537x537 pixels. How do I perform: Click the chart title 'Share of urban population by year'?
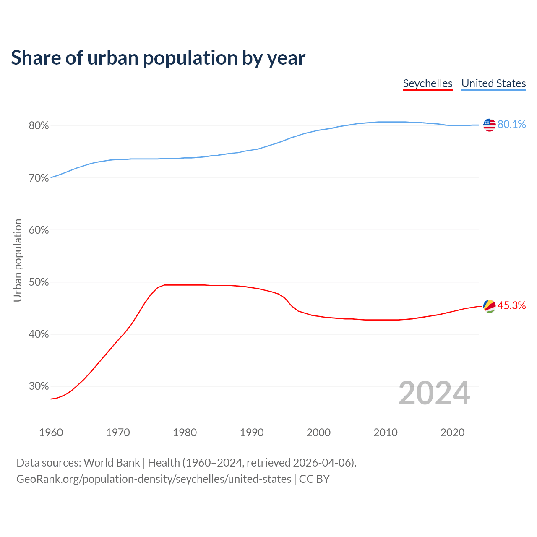[x=158, y=57]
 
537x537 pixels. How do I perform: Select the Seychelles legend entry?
[x=428, y=83]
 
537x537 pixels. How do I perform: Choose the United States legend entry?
[x=493, y=83]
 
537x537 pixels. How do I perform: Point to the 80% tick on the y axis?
[x=39, y=126]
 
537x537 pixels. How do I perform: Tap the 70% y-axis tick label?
[x=39, y=178]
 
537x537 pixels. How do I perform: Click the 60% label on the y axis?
[x=39, y=230]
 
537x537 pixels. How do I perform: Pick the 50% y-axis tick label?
[x=39, y=282]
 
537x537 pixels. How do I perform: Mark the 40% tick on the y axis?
[x=39, y=334]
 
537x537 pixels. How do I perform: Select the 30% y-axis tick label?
[x=39, y=386]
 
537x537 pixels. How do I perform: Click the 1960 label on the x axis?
[x=51, y=433]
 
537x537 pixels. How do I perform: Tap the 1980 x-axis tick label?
[x=185, y=433]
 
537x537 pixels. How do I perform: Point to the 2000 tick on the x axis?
[x=318, y=433]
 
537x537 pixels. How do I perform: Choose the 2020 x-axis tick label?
[x=452, y=433]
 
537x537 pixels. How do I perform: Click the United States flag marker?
[x=489, y=125]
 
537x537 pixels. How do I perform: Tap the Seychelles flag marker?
[x=489, y=306]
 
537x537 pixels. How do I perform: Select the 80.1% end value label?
[x=511, y=125]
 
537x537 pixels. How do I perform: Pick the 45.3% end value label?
[x=511, y=306]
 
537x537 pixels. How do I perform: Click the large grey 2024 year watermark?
[x=434, y=393]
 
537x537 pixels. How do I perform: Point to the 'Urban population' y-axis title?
[x=18, y=260]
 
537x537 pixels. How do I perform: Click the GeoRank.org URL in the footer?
[x=154, y=479]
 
